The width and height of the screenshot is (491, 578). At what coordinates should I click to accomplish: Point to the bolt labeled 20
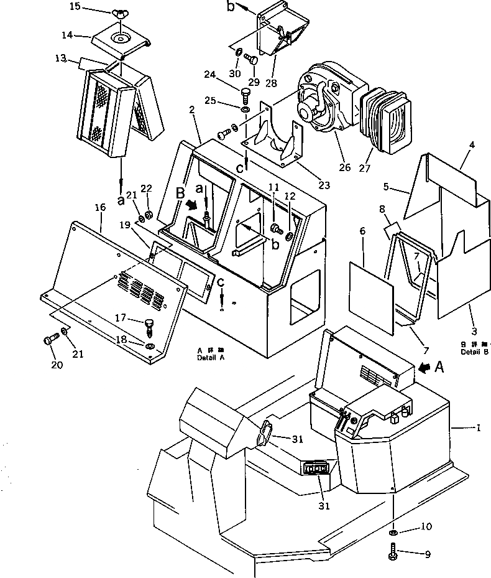pos(50,340)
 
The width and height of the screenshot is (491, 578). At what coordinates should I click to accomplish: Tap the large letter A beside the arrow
pos(439,368)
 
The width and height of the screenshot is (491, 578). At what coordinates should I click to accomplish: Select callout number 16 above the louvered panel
pos(99,208)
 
